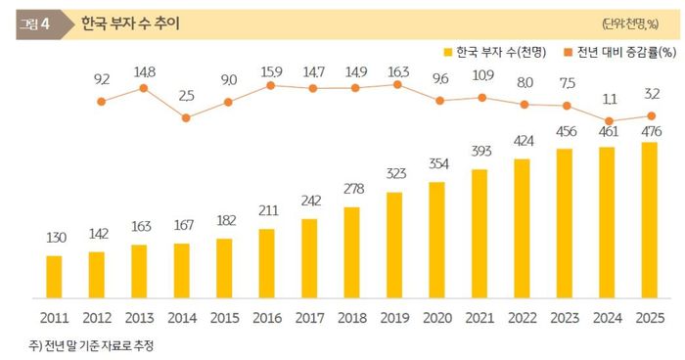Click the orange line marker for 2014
186,117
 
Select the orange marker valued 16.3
397,85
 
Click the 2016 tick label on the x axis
266,318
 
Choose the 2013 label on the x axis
139,318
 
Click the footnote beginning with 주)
93,345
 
